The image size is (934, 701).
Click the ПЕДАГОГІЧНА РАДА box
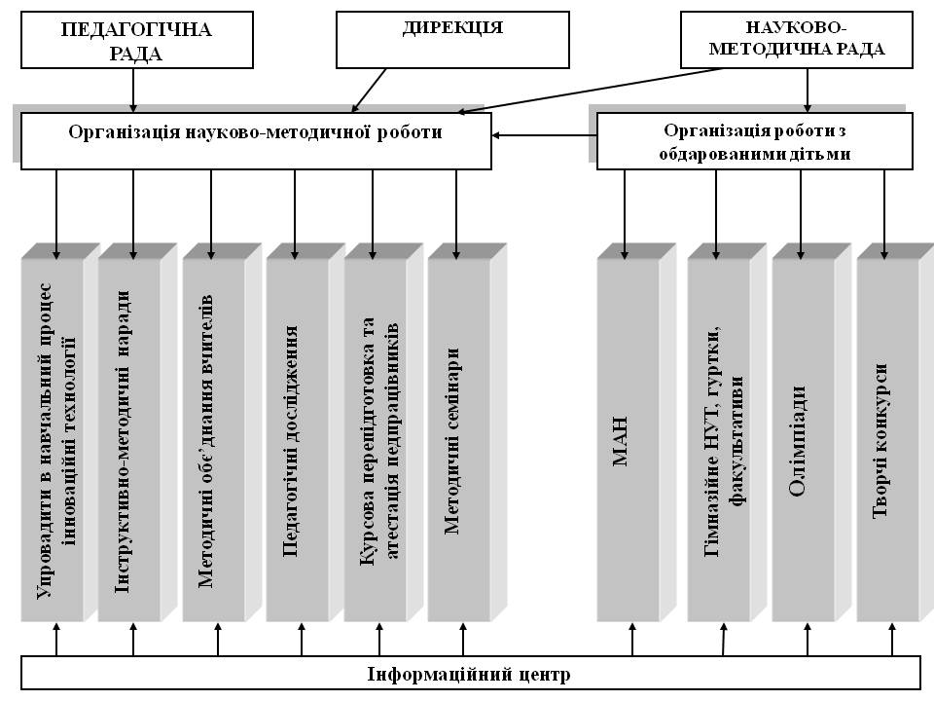point(137,40)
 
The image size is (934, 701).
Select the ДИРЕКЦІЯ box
point(452,40)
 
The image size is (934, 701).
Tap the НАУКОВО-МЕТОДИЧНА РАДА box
point(797,40)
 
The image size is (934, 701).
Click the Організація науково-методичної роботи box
point(256,140)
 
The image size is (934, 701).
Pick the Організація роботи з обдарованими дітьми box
point(755,140)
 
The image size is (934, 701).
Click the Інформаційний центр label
point(469,674)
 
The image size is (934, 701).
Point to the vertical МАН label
point(620,441)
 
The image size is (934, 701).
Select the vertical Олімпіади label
point(797,441)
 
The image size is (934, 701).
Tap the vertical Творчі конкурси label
point(880,441)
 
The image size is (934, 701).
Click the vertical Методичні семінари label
point(452,441)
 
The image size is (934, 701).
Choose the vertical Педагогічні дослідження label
point(290,441)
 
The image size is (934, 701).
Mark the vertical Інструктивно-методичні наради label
point(123,441)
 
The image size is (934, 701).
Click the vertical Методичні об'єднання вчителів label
point(205,441)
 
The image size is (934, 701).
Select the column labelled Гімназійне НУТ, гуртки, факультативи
point(727,432)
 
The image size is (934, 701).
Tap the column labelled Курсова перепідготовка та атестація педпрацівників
point(383,432)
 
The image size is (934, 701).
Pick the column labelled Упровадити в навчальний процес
point(60,432)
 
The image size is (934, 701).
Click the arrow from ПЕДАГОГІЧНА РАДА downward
point(133,90)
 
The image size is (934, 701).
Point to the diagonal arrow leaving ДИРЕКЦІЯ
point(369,90)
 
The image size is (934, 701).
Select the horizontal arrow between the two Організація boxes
point(545,135)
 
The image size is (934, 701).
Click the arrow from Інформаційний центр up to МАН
point(632,639)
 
